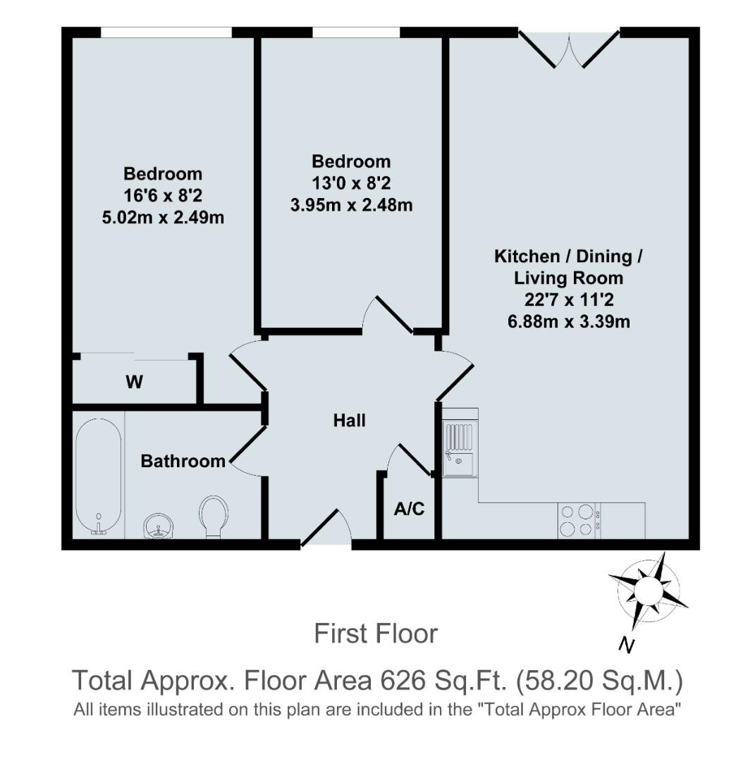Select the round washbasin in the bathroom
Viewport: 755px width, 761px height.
click(x=159, y=525)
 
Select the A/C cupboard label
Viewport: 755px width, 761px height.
click(x=410, y=509)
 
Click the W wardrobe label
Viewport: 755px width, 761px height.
click(x=134, y=383)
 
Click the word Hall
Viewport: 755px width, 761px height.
click(x=350, y=421)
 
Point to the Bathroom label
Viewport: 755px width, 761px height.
click(x=183, y=462)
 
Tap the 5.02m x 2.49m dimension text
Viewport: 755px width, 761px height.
click(x=163, y=217)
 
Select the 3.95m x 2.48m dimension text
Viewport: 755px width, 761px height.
click(x=351, y=206)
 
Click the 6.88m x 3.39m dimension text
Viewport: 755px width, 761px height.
click(x=568, y=322)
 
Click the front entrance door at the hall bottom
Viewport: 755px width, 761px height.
click(x=326, y=530)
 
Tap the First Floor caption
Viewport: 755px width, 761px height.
click(x=376, y=633)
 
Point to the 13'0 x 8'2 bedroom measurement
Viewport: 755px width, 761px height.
click(x=351, y=183)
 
